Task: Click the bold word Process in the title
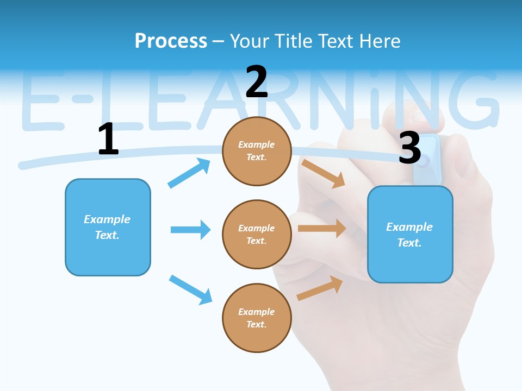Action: point(171,41)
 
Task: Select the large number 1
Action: point(108,139)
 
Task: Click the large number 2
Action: point(257,82)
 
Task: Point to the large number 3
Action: point(409,148)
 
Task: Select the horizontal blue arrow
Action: point(191,230)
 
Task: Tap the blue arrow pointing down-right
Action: point(191,289)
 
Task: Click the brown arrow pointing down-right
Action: point(324,173)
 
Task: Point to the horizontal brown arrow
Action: point(322,229)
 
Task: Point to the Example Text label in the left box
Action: point(108,227)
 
